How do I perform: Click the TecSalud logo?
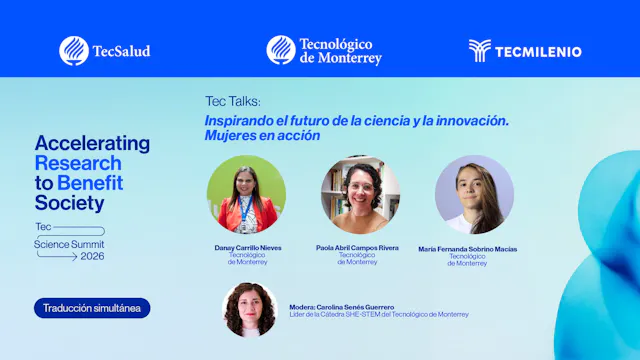105,50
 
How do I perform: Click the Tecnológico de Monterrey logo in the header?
324,50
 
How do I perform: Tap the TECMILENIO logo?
524,50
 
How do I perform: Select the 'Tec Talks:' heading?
233,103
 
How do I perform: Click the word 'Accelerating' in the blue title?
92,144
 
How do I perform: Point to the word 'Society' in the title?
69,203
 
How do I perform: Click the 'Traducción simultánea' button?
91,308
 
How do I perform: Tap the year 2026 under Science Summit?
92,256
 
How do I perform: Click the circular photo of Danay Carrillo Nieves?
246,194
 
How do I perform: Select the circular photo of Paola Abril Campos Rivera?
360,194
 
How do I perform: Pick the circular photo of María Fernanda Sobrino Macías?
474,194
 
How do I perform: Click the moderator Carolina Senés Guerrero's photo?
250,309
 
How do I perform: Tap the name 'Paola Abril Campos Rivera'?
357,248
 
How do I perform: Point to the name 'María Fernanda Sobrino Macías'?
468,249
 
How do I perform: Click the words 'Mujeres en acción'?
263,135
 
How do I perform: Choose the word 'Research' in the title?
78,163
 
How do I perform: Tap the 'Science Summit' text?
69,243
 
